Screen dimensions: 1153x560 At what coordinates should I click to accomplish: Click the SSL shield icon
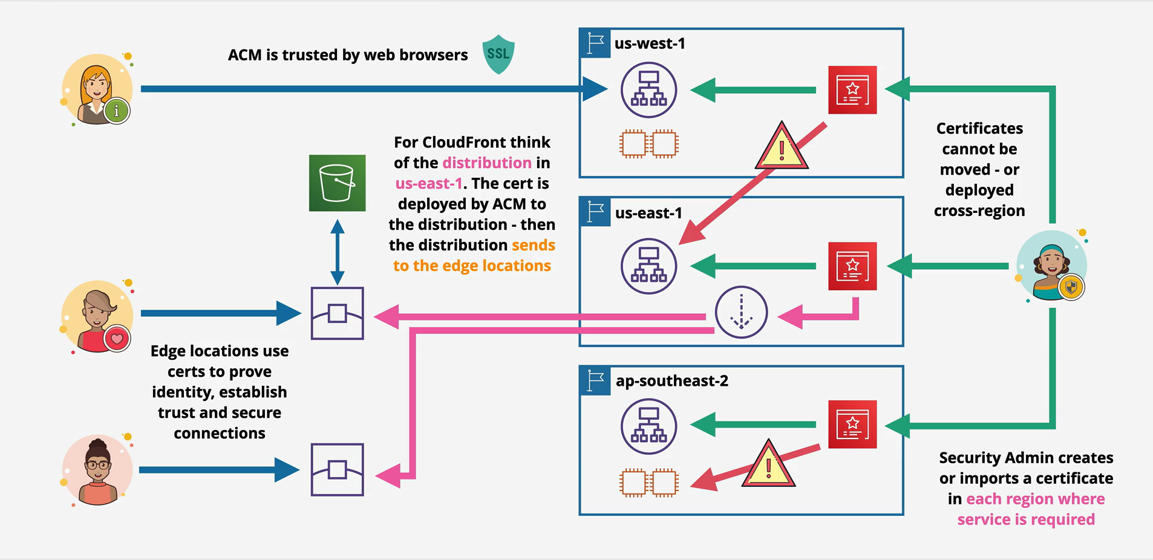tap(498, 54)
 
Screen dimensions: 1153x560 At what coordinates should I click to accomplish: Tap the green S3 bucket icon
tap(337, 183)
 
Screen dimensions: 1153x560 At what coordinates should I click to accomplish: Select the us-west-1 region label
tap(650, 44)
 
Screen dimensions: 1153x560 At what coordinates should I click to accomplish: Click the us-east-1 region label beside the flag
tap(648, 213)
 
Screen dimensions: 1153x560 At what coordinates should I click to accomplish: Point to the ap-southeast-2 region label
tap(672, 381)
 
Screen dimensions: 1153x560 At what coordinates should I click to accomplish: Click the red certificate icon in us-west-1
tap(852, 90)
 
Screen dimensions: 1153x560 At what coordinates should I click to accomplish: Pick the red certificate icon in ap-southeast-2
tap(852, 425)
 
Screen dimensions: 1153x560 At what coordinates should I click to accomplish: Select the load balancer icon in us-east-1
tap(648, 266)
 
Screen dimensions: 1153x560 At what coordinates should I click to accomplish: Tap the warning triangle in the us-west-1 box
tap(782, 146)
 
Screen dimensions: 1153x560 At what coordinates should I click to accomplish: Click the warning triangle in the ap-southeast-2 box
tap(768, 464)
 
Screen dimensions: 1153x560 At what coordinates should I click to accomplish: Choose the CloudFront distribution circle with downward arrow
tap(741, 312)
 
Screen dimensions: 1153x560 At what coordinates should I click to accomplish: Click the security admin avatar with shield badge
tap(1053, 266)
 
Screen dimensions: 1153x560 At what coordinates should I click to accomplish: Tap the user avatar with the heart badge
tap(97, 316)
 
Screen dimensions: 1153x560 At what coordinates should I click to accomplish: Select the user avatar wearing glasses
tap(97, 470)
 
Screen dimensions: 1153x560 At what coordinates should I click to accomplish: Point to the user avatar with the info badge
tap(97, 89)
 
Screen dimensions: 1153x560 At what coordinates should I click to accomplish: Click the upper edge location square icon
tap(337, 313)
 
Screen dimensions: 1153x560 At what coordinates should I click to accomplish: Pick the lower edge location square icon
tap(337, 470)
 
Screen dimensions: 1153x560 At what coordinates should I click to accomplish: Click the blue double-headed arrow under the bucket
tap(338, 252)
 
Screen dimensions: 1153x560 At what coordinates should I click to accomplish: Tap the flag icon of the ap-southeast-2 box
tap(595, 381)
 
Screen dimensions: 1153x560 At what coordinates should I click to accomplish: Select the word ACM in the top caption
tap(245, 55)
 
